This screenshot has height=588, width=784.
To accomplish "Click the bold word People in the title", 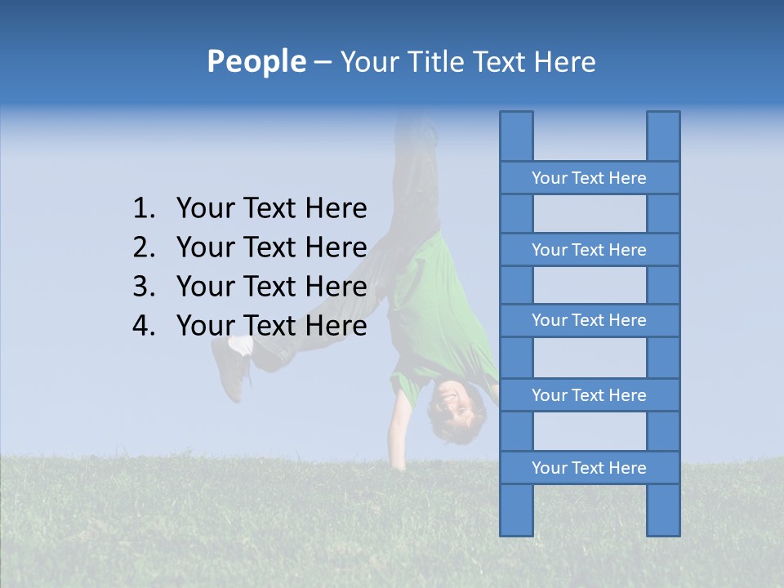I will pos(256,61).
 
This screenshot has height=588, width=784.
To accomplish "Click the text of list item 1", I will pos(271,209).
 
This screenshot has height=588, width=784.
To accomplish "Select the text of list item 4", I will pos(271,326).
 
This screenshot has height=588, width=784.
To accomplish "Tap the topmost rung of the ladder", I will pos(589,178).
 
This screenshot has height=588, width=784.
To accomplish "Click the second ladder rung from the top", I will pos(589,250).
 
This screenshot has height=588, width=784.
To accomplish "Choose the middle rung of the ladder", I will pos(589,320).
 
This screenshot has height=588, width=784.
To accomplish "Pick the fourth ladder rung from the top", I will pos(589,395).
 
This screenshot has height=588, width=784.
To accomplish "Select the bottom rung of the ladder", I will pos(589,468).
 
